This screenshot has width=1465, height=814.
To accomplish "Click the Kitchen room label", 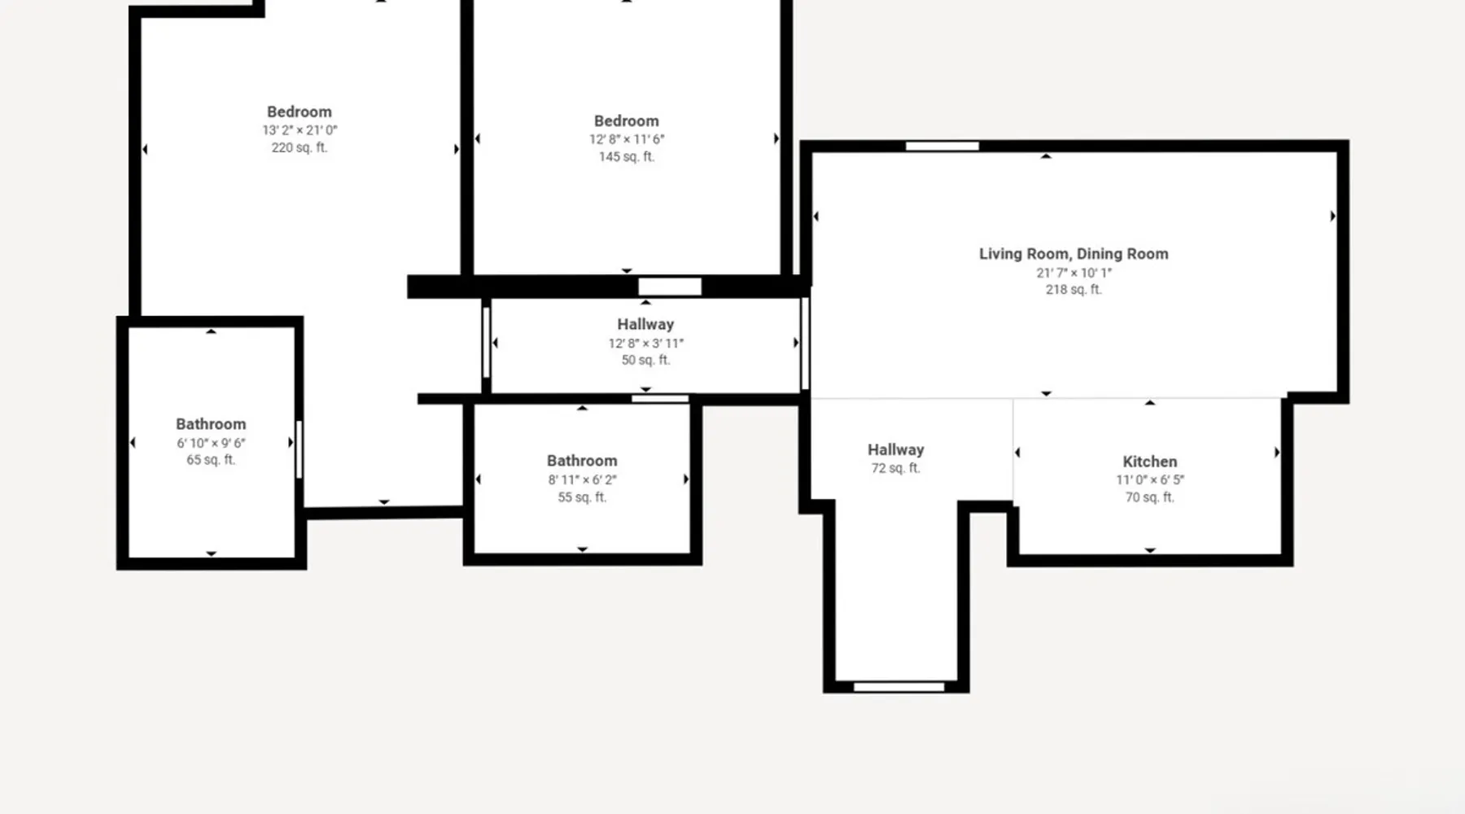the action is (x=1149, y=462).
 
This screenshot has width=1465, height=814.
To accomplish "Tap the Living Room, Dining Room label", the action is (x=1074, y=254).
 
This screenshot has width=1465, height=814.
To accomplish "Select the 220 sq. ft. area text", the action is (x=300, y=147).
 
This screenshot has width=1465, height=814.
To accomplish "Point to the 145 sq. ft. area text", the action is (x=627, y=156).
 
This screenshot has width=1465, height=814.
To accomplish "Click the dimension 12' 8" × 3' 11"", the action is (x=645, y=343).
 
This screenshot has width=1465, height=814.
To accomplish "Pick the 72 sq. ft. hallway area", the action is (x=895, y=468).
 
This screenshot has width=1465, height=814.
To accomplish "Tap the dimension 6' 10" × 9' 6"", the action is (x=211, y=443).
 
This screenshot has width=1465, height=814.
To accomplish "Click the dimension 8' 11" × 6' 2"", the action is (x=582, y=479).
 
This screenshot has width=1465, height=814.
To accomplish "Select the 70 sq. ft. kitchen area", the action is (x=1149, y=497).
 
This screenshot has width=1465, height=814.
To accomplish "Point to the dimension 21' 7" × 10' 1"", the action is (x=1074, y=273).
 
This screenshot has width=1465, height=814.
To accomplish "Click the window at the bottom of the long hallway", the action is (x=899, y=687).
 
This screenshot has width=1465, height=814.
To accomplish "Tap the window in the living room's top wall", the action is (x=942, y=147).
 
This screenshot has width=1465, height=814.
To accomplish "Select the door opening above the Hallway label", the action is (x=669, y=287).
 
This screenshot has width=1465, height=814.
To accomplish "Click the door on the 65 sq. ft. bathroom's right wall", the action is (x=300, y=449).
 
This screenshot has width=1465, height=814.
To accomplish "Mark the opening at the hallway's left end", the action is (x=486, y=343).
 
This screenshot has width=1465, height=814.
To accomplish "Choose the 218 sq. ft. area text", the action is (x=1074, y=289).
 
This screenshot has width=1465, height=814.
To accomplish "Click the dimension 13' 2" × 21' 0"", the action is (x=300, y=129).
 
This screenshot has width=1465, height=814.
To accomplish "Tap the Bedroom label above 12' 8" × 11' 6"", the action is (x=626, y=121).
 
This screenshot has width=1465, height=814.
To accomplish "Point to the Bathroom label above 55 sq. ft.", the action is (x=582, y=461).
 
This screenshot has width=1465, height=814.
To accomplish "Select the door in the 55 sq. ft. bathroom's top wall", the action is (x=660, y=399).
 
